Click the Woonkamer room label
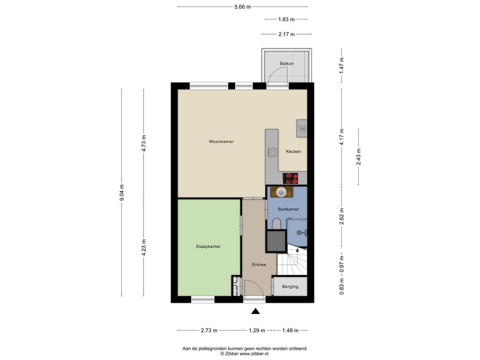(221, 142)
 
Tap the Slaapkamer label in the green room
(208, 247)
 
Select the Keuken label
(293, 151)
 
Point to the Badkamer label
(288, 209)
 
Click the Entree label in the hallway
(259, 264)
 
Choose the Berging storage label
(290, 286)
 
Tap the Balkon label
(287, 63)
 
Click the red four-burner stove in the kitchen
(290, 178)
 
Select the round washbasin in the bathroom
(281, 192)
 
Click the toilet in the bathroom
(277, 224)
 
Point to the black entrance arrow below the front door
(255, 311)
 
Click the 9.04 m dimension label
(121, 193)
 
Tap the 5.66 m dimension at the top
(242, 7)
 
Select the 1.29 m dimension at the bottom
(257, 330)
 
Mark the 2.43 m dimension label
(359, 157)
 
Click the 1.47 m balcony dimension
(342, 65)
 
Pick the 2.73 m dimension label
(209, 330)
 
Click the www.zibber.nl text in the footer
(254, 353)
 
